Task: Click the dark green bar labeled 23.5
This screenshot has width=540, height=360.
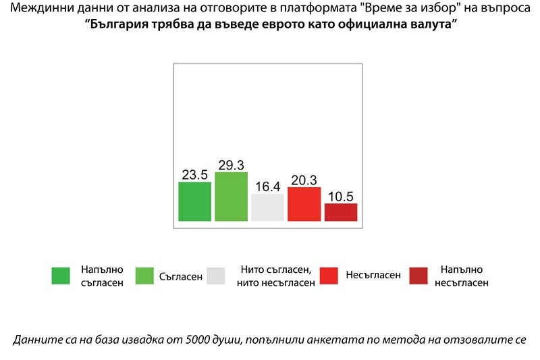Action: (195, 201)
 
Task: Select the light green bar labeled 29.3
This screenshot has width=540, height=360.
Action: (232, 197)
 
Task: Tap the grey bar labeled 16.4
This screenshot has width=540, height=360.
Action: (267, 207)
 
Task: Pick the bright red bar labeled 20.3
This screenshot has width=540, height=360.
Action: (304, 204)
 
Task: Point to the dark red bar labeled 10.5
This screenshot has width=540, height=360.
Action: (341, 212)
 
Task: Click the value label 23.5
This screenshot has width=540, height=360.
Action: (195, 174)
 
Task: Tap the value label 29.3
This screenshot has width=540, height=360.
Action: (232, 165)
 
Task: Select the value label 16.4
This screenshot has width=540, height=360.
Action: (267, 186)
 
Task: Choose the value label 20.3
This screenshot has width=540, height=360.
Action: (304, 180)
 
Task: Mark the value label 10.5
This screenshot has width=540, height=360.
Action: (341, 196)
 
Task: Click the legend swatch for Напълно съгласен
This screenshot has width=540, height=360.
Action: (61, 276)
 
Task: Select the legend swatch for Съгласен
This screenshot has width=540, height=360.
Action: (144, 276)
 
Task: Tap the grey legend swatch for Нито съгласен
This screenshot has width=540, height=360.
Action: (216, 276)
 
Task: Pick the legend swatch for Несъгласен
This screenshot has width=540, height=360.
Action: (329, 276)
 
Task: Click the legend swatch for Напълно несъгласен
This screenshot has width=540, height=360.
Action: (418, 276)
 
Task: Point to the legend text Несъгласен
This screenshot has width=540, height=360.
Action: (373, 276)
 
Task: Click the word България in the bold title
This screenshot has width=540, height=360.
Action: (122, 24)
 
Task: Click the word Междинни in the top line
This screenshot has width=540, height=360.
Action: (36, 9)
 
